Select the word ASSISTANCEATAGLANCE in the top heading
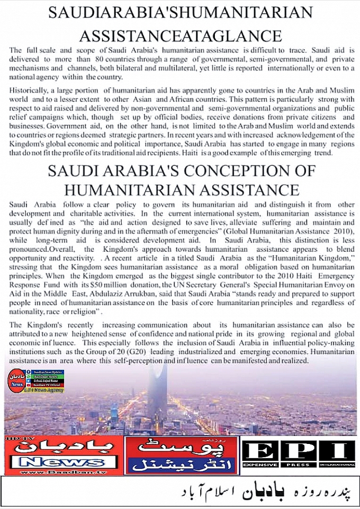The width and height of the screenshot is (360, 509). click(180, 35)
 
